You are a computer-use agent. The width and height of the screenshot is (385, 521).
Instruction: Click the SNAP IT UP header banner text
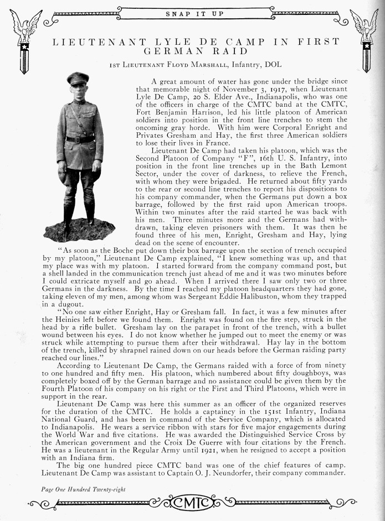(192, 13)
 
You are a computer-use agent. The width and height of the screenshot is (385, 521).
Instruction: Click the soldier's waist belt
(80, 139)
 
